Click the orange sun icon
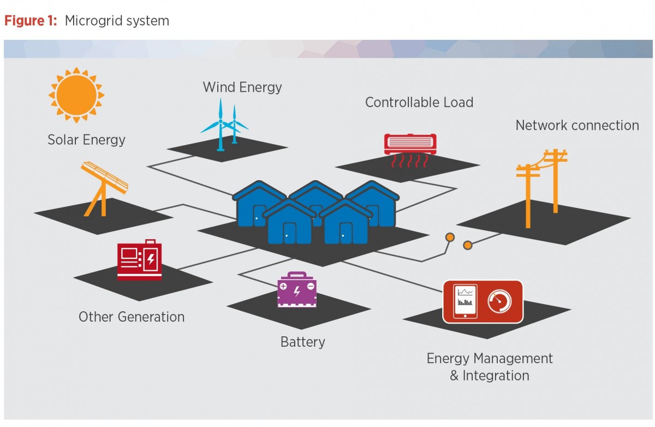pos(76,94)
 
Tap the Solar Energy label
pos(86,140)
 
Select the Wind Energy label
pos(242,87)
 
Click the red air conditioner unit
pos(410,144)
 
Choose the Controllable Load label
pos(419,102)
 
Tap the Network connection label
pos(577,125)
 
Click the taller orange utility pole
pos(555,180)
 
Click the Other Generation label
pos(132,317)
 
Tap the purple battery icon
pos(296,289)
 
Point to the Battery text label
pos(302,342)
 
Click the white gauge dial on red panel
pos(499,301)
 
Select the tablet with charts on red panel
pos(465,301)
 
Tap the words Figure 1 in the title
pos(31,21)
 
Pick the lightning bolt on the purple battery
pos(297,291)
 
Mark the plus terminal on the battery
pos(283,286)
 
